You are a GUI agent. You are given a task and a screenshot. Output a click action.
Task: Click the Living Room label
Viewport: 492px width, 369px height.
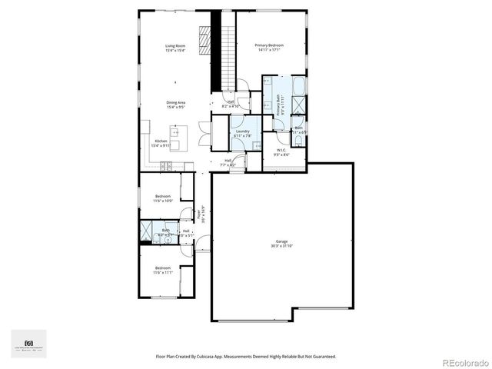[x=175, y=46]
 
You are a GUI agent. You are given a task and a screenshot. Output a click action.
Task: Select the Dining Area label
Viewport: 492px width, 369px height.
[x=175, y=102]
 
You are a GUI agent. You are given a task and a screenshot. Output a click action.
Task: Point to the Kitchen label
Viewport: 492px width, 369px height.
[x=161, y=141]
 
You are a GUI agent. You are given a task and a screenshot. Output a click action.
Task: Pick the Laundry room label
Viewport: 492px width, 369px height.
[x=242, y=131]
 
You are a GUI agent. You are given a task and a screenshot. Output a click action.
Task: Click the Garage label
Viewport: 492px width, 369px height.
[x=282, y=242]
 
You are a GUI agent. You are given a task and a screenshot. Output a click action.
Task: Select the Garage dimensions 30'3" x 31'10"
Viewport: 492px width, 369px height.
[x=282, y=247]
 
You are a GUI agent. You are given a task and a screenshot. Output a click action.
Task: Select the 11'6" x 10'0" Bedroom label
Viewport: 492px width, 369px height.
[x=161, y=196]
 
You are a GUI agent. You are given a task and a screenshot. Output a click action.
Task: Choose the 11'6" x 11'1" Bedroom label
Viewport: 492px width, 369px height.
[x=161, y=268]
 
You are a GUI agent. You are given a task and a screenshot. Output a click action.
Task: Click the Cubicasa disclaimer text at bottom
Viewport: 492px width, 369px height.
[x=245, y=356]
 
